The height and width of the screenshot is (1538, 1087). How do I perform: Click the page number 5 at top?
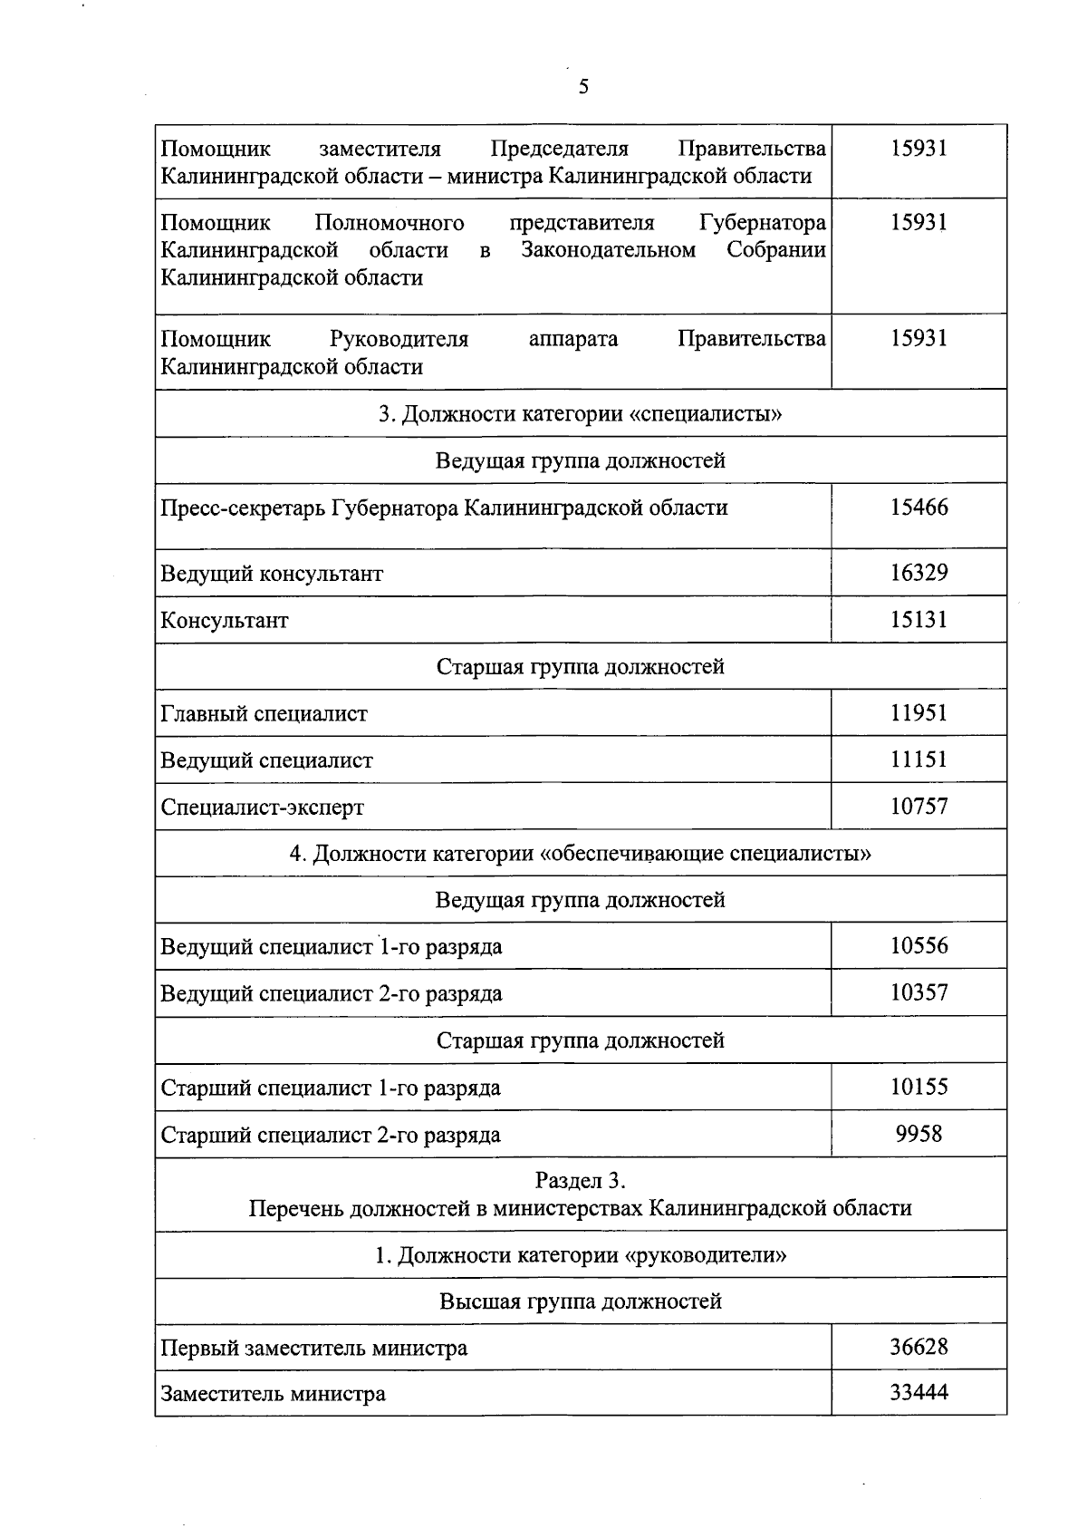[582, 87]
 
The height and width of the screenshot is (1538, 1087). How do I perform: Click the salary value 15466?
[919, 508]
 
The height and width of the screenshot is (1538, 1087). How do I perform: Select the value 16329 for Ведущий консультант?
[919, 573]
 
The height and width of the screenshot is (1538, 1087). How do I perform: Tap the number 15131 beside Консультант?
[919, 620]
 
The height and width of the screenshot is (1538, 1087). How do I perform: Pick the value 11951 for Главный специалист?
[919, 713]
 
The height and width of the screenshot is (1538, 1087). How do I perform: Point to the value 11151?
[919, 759]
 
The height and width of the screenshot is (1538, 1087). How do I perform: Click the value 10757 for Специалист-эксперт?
[919, 807]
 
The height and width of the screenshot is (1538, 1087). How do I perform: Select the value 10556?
[919, 946]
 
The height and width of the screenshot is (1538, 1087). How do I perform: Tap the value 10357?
[919, 992]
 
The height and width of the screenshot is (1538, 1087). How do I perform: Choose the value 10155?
[919, 1087]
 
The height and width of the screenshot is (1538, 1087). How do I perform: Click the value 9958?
[919, 1134]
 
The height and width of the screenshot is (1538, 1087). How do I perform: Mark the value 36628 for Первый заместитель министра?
[919, 1347]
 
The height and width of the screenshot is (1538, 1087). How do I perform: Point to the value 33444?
[919, 1393]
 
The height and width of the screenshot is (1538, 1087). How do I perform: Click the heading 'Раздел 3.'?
[581, 1181]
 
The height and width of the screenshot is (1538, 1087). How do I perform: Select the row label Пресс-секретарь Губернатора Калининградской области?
[444, 508]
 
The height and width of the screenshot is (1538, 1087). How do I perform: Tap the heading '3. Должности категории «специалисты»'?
[581, 414]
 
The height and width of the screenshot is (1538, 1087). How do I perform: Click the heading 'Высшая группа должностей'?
[581, 1301]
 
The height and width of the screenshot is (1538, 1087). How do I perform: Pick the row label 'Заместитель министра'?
[273, 1394]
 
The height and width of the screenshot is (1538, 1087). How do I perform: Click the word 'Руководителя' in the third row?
[399, 339]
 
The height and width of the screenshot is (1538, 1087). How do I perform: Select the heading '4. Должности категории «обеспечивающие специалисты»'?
[581, 854]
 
